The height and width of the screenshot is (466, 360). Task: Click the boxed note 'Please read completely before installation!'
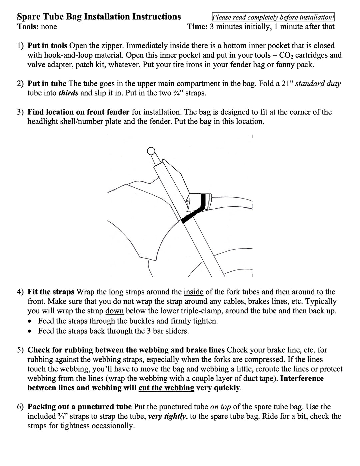pos(273,17)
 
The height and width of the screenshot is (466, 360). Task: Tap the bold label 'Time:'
pos(197,27)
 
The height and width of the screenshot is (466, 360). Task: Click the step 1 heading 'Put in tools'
pos(47,46)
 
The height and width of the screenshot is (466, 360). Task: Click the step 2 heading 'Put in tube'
pos(47,83)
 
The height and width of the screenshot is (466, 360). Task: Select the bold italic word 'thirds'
pos(68,93)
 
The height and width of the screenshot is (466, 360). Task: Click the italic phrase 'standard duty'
pos(318,83)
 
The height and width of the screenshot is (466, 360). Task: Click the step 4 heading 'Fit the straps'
pos(51,292)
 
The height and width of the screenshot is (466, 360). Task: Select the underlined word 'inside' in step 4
pos(193,292)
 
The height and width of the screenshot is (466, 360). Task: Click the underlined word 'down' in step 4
pos(114,311)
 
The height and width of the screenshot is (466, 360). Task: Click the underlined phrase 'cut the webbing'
pos(166,388)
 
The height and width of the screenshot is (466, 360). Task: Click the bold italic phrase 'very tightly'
pos(167,416)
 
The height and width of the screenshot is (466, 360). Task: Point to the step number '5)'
pos(20,350)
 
